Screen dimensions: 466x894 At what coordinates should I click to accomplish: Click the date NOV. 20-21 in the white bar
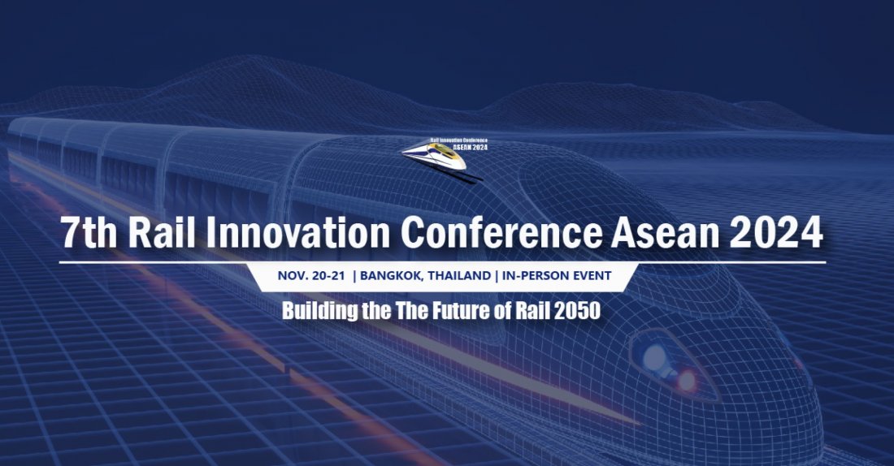tap(310, 275)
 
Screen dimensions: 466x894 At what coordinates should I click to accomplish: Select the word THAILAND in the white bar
tap(458, 275)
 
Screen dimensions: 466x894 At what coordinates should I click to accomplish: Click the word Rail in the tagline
tap(528, 310)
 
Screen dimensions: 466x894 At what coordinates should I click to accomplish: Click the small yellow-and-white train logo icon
tap(436, 155)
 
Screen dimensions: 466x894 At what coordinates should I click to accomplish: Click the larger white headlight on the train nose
tap(655, 356)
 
